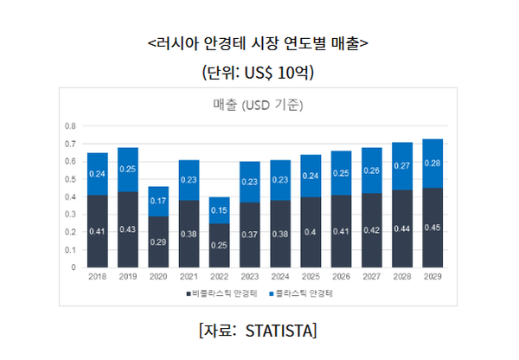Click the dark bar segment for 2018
pos(98,231)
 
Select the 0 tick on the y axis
pos(73,268)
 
